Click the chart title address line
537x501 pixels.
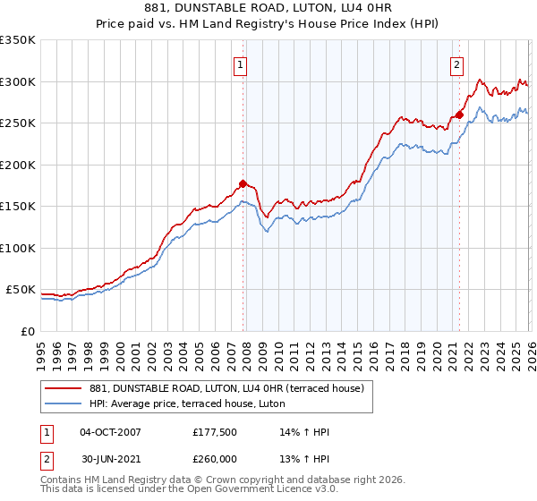(x=268, y=8)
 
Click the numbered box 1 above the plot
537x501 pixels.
(x=242, y=64)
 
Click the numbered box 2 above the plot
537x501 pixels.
(x=456, y=64)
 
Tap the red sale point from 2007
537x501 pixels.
(x=243, y=183)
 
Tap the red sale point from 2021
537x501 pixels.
(x=459, y=115)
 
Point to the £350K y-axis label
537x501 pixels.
(x=18, y=40)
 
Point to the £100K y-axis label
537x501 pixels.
(x=18, y=248)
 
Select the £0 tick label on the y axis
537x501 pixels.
(x=27, y=331)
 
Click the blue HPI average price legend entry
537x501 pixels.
(x=187, y=404)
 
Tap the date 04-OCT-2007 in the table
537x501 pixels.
(x=110, y=432)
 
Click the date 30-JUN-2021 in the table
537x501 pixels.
(x=110, y=459)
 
